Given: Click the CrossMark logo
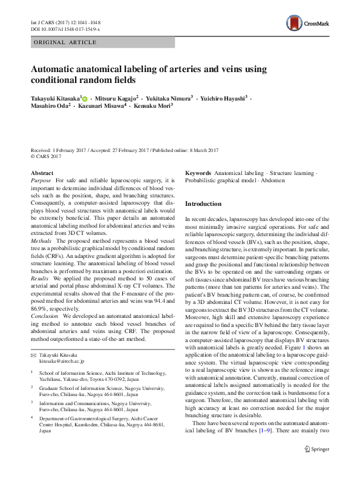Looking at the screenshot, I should coord(308,24).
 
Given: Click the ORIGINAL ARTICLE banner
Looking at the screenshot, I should coord(65,42).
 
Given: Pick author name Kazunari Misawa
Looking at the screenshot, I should coord(103,106).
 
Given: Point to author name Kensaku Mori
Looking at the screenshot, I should coord(151,106).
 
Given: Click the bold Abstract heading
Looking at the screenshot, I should coord(42,173).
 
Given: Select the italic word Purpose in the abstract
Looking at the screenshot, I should coord(41,181).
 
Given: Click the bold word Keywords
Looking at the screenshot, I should coord(198,173).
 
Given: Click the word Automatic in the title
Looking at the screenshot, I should coord(56,69).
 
